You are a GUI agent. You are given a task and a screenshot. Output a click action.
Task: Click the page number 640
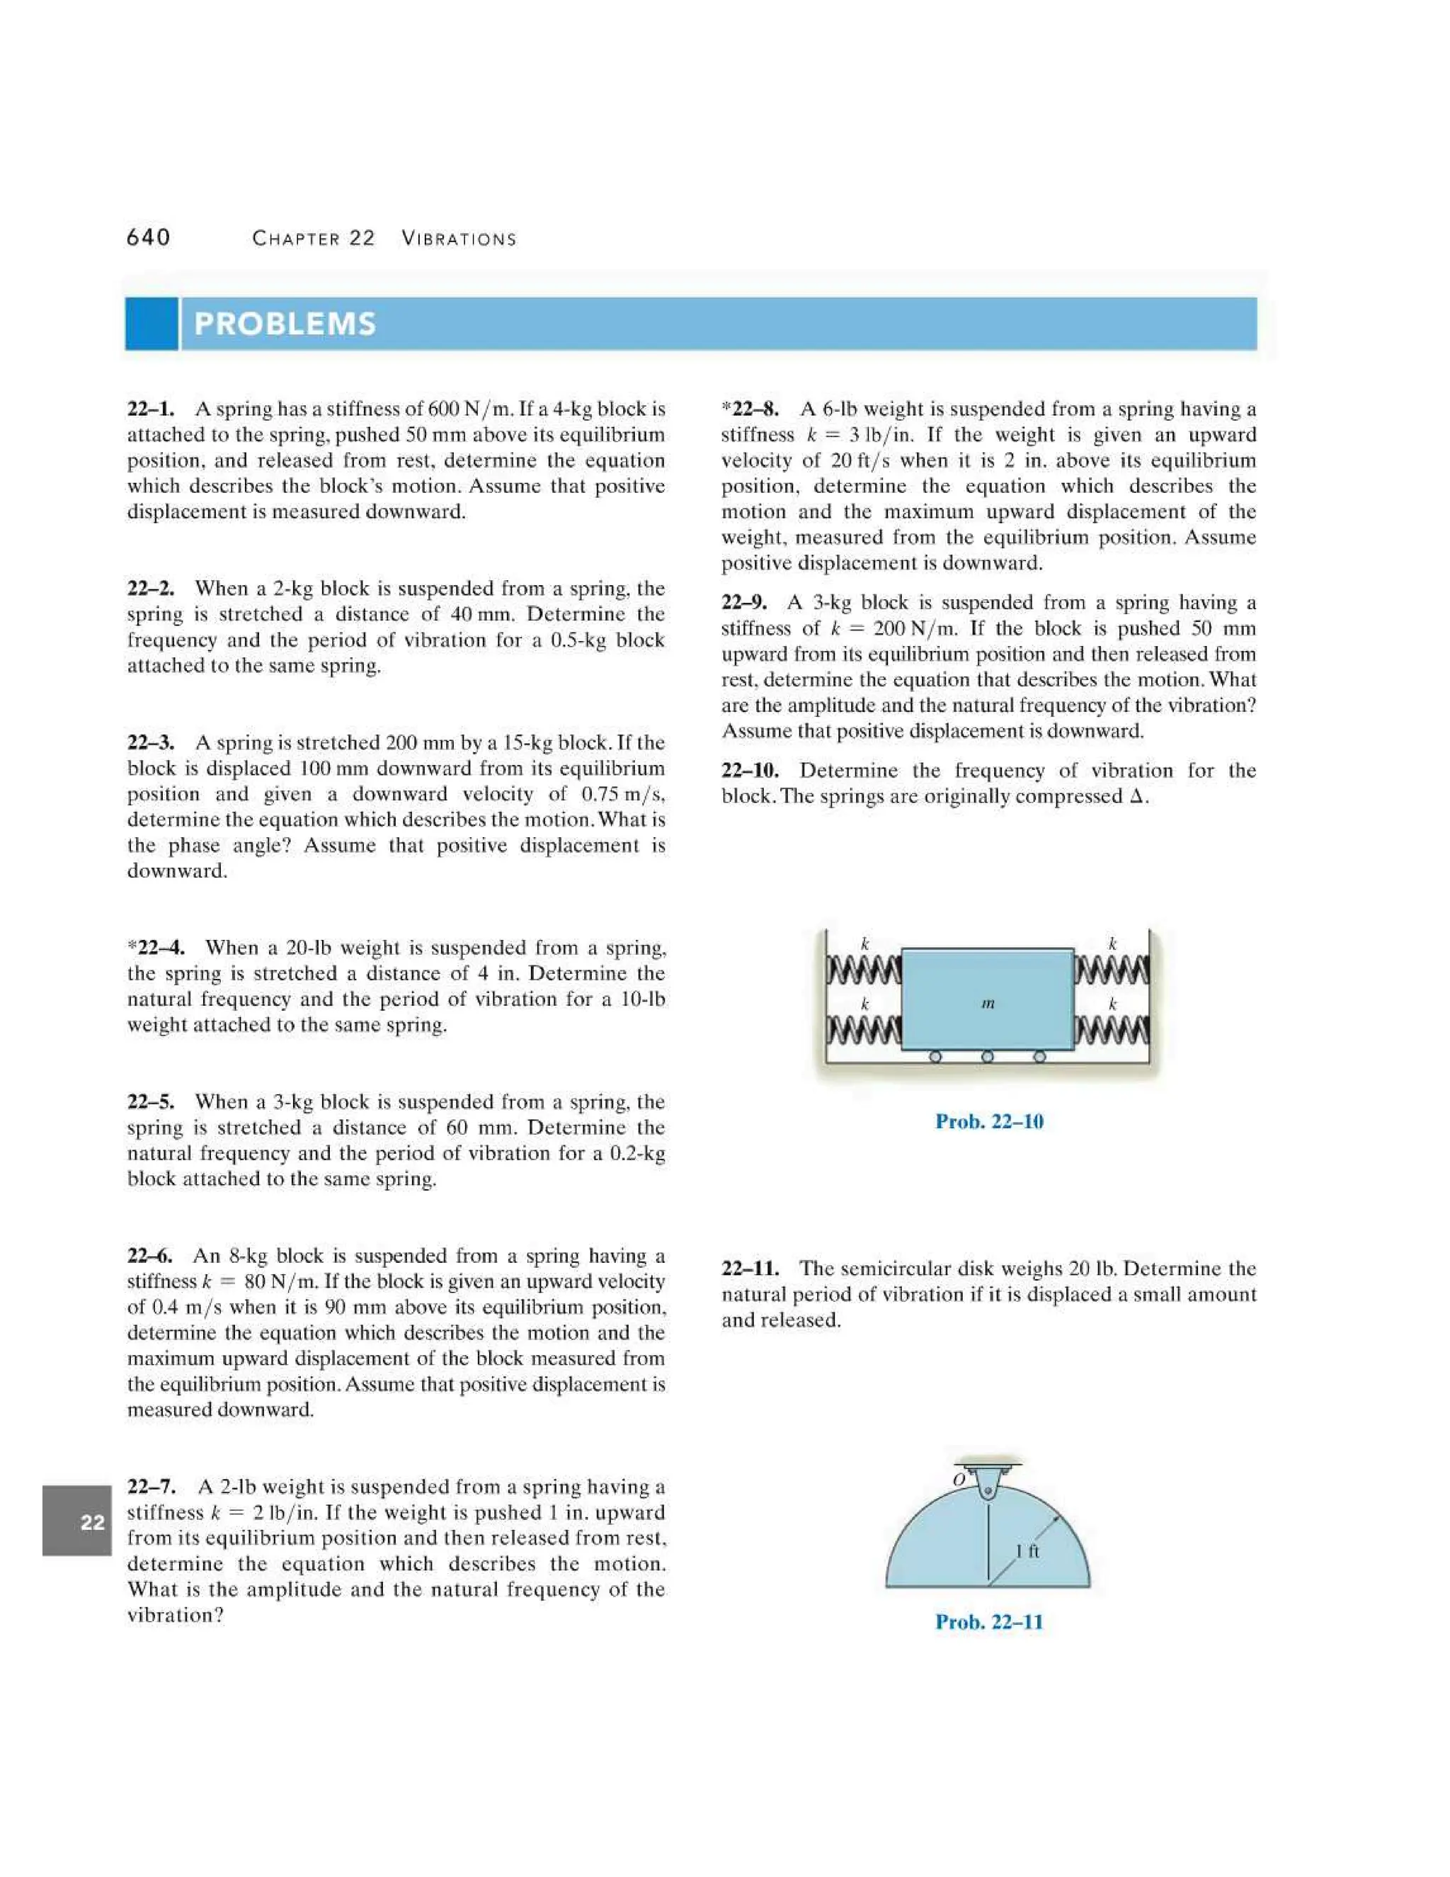point(149,238)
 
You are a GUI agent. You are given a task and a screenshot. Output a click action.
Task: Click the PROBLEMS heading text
point(285,324)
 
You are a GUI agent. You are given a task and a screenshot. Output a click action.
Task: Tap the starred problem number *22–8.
point(750,409)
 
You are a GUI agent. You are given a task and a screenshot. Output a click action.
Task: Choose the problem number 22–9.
point(745,603)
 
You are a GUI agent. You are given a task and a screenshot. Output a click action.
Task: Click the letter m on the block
point(988,1003)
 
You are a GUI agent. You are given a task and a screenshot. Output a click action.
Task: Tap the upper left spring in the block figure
point(863,970)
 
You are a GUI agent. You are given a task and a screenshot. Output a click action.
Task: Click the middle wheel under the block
point(988,1057)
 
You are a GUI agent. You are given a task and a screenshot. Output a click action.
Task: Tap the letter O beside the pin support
point(959,1480)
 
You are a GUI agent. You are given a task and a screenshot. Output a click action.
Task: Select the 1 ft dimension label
point(1027,1551)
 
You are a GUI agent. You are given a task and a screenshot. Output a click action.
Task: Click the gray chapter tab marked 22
point(77,1522)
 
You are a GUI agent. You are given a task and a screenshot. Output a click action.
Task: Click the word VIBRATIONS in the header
point(459,239)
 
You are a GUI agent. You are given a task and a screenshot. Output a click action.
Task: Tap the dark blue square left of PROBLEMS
point(152,324)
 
